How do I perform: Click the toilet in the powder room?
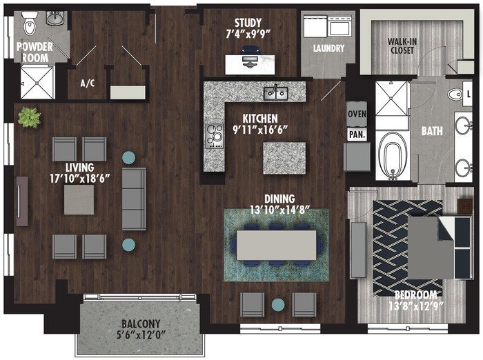pyautogui.click(x=30, y=24)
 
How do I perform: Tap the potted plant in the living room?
pyautogui.click(x=29, y=117)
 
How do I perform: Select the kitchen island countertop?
pyautogui.click(x=284, y=158)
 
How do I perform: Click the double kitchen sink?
pyautogui.click(x=276, y=94)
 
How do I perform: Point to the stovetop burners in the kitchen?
pyautogui.click(x=215, y=136)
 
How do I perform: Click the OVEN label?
pyautogui.click(x=357, y=114)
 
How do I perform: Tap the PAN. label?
pyautogui.click(x=357, y=134)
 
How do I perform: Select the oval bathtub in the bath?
pyautogui.click(x=393, y=156)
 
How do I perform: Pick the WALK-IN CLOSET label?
pyautogui.click(x=402, y=46)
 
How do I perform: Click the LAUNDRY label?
pyautogui.click(x=328, y=48)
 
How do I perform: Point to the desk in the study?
pyautogui.click(x=250, y=65)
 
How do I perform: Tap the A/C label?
pyautogui.click(x=88, y=83)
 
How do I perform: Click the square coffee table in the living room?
pyautogui.click(x=79, y=199)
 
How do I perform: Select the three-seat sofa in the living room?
pyautogui.click(x=134, y=199)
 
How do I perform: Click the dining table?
pyautogui.click(x=276, y=246)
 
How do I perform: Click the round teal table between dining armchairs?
pyautogui.click(x=278, y=305)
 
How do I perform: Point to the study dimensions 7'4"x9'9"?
pyautogui.click(x=248, y=34)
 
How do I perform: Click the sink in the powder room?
pyautogui.click(x=55, y=19)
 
